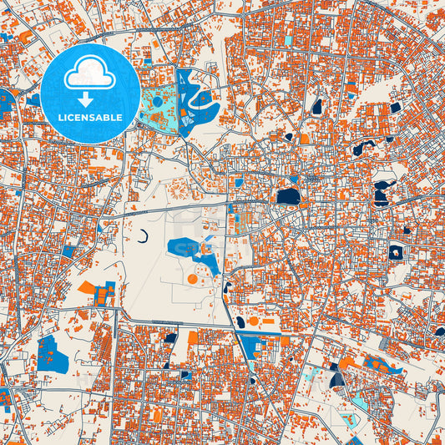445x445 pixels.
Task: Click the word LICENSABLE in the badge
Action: pyautogui.click(x=90, y=117)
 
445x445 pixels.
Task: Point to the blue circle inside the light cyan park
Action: pyautogui.click(x=158, y=104)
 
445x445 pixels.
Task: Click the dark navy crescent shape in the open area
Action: pyautogui.click(x=144, y=236)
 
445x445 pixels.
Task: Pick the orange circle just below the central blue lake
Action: pyautogui.click(x=193, y=278)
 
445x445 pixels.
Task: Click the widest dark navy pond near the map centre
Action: pyautogui.click(x=286, y=197)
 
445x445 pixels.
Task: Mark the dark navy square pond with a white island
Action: pyautogui.click(x=395, y=251)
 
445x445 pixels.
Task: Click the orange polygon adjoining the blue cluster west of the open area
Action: pyautogui.click(x=87, y=288)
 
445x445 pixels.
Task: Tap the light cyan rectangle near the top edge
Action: pyautogui.click(x=289, y=39)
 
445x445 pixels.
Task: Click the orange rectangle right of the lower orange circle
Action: pyautogui.click(x=270, y=321)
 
